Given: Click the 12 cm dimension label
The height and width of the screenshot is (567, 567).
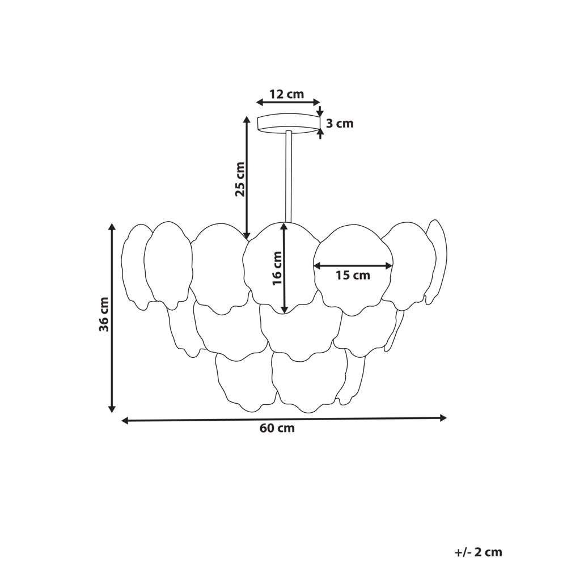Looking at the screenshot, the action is [287, 94].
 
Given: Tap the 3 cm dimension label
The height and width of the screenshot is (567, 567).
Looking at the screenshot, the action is [340, 124].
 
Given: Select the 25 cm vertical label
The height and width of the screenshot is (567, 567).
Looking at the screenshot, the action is [240, 179].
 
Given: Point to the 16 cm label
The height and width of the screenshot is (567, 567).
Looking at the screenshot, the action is [277, 268].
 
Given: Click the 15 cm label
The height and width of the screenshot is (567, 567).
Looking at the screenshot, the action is [353, 276].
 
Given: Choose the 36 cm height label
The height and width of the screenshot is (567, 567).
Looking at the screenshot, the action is [104, 314].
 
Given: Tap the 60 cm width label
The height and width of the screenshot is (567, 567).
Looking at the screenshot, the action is [277, 429].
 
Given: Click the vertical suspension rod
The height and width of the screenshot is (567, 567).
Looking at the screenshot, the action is [289, 176].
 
